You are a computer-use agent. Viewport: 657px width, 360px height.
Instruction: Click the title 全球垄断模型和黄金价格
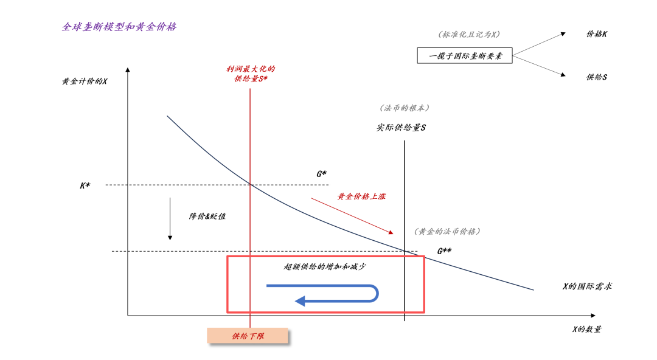pyautogui.click(x=119, y=27)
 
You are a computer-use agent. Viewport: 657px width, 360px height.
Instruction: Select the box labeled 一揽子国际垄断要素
pyautogui.click(x=464, y=56)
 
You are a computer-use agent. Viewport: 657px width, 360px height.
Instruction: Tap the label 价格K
pyautogui.click(x=596, y=34)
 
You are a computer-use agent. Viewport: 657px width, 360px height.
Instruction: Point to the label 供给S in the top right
pyautogui.click(x=596, y=77)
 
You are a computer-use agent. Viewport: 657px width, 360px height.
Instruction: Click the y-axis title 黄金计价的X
pyautogui.click(x=85, y=81)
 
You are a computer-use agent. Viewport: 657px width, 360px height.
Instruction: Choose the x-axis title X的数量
pyautogui.click(x=586, y=329)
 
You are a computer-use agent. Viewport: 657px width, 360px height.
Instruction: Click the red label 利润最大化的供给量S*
pyautogui.click(x=251, y=74)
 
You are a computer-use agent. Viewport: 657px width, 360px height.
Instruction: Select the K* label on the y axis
pyautogui.click(x=85, y=185)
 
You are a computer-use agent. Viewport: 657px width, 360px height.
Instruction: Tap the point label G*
pyautogui.click(x=322, y=174)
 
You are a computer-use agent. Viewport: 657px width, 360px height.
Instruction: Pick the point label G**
pyautogui.click(x=444, y=250)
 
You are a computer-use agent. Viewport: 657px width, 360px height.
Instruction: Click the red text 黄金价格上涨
pyautogui.click(x=362, y=196)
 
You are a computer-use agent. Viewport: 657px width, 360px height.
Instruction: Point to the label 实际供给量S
pyautogui.click(x=401, y=128)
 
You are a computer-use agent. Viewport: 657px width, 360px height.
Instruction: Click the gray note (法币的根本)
pyautogui.click(x=405, y=108)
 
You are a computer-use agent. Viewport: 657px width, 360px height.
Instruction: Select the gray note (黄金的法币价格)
pyautogui.click(x=447, y=231)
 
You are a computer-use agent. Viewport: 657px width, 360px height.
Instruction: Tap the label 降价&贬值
pyautogui.click(x=207, y=216)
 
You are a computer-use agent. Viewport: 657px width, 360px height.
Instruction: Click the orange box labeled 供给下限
pyautogui.click(x=248, y=336)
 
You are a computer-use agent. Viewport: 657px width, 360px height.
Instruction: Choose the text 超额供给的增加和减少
pyautogui.click(x=325, y=266)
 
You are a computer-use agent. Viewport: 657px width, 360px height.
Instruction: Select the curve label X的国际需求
pyautogui.click(x=587, y=286)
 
